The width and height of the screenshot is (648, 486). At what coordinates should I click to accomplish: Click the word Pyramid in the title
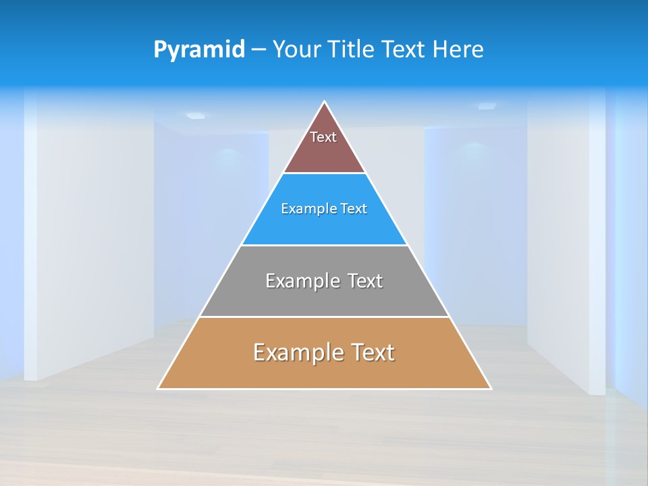pos(198,50)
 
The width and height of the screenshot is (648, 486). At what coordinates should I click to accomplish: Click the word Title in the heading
pos(354,50)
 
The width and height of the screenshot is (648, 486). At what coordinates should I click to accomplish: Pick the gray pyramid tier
pos(324,297)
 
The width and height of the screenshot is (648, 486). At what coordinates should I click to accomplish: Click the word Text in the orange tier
pos(371,352)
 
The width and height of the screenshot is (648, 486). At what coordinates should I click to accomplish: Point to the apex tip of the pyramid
pos(325,102)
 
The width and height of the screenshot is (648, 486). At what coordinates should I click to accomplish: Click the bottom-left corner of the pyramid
pos(159,388)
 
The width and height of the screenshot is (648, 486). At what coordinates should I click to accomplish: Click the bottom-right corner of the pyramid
pos(491,388)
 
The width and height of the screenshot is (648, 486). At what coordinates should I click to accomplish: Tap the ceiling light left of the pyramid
pos(195,115)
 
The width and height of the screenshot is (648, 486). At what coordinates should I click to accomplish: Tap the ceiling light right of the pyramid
pos(487,106)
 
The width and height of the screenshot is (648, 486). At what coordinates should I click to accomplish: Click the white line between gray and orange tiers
pos(324,317)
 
